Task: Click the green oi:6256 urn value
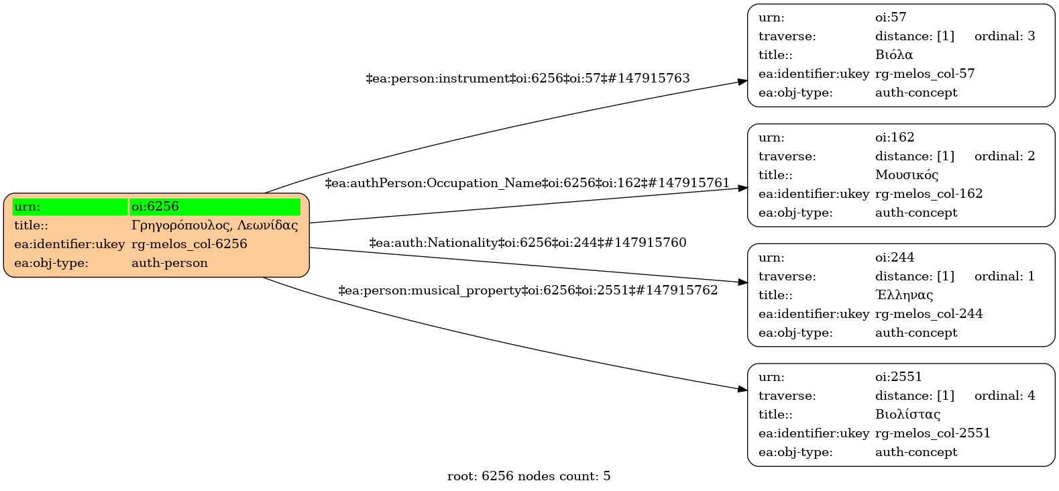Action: (155, 207)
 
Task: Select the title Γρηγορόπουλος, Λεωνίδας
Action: (215, 225)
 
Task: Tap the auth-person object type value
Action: (170, 263)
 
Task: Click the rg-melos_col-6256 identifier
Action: (189, 244)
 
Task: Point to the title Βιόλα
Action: (894, 55)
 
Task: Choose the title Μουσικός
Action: (906, 175)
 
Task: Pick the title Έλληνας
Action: (904, 295)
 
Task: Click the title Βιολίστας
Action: (907, 415)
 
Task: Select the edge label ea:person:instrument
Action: (528, 78)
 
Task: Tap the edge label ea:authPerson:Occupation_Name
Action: (527, 183)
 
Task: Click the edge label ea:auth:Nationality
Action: (528, 243)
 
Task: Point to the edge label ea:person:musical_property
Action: (528, 290)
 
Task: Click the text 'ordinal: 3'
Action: (1005, 36)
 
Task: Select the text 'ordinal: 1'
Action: (1005, 276)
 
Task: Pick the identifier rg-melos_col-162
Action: (929, 194)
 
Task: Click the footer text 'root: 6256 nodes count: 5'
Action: (528, 476)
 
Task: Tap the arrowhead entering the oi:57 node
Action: (743, 82)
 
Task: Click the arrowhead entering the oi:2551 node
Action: (743, 389)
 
